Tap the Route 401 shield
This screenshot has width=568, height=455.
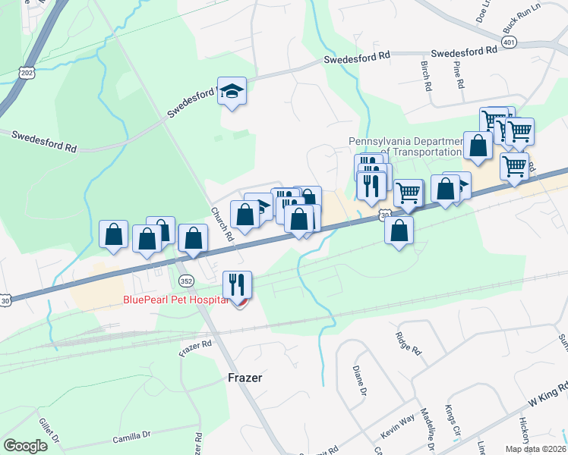coord(510,43)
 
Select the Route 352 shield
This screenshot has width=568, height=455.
coord(186,281)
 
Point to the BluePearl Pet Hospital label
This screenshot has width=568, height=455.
coord(175,300)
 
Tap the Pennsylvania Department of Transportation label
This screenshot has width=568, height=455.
coord(405,146)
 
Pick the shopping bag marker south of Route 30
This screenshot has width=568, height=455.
coord(399,230)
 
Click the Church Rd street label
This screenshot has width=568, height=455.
coord(222,225)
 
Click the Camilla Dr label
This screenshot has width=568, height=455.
coord(132,436)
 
